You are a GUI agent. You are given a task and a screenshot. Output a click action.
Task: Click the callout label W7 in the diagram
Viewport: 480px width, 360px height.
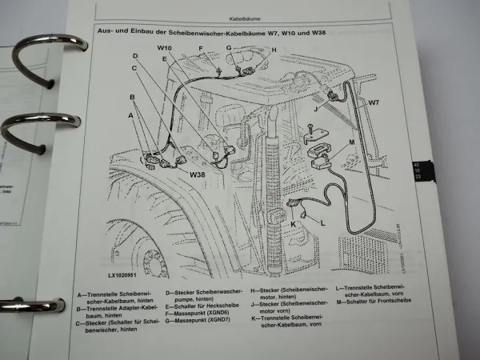[x=374, y=103]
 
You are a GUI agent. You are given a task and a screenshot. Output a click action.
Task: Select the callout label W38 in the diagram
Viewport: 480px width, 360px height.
[x=198, y=172]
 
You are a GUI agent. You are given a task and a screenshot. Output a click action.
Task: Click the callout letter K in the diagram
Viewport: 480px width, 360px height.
[x=294, y=226]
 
